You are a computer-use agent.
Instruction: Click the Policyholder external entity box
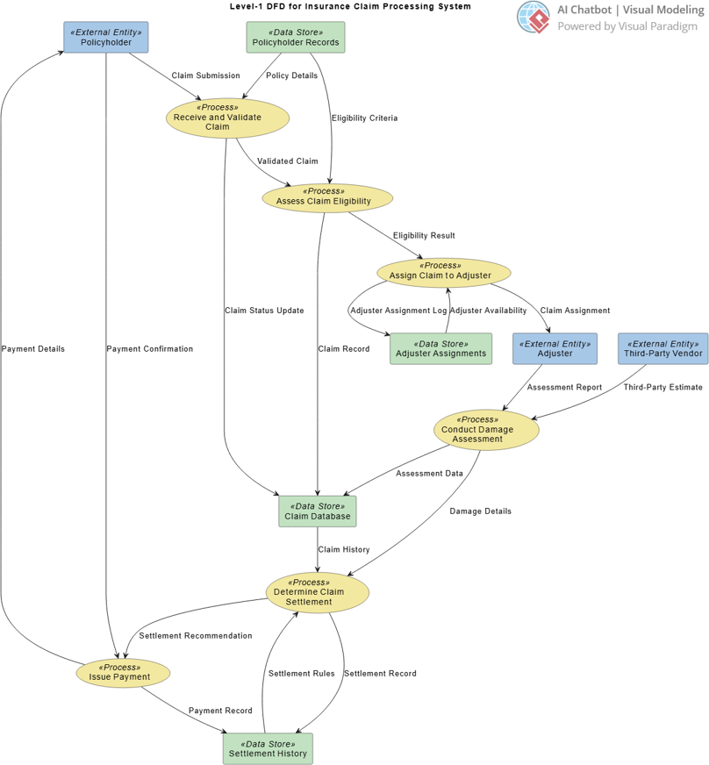click(105, 38)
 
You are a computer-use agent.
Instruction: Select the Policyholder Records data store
click(295, 38)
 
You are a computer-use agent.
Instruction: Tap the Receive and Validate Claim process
click(227, 118)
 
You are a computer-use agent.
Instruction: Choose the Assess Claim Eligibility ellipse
click(327, 197)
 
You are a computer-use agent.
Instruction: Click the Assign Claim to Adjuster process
click(444, 272)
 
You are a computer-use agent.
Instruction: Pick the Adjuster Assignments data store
click(440, 349)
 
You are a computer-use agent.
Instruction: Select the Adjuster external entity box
click(555, 349)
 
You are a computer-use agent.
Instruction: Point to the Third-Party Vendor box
click(662, 349)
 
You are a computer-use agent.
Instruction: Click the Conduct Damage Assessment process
click(485, 430)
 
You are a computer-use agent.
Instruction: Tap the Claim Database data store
click(317, 511)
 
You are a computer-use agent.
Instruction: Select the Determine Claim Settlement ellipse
click(317, 592)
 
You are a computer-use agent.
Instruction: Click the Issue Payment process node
click(123, 673)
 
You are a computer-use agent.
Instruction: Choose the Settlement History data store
click(268, 748)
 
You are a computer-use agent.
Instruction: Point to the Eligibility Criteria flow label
click(364, 118)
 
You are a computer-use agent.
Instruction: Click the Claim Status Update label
click(264, 311)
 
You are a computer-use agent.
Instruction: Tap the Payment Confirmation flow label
click(149, 349)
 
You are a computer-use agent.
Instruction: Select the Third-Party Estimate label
click(662, 387)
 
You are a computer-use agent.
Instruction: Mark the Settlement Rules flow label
click(301, 674)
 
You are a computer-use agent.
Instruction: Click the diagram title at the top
click(349, 6)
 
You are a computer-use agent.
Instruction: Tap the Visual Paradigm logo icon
click(534, 17)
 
